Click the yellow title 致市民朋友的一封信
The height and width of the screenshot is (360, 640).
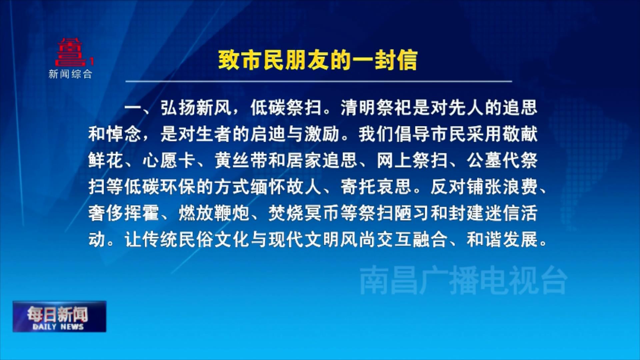(x=318, y=60)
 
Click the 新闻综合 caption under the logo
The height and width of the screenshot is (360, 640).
(x=70, y=74)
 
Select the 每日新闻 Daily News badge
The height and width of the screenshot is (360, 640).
(x=59, y=316)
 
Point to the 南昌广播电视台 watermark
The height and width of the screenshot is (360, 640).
(x=463, y=280)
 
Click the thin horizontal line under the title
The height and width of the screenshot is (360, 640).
(x=318, y=81)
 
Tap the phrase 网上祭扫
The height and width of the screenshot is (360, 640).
(x=412, y=160)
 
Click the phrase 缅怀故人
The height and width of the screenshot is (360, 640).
(x=286, y=187)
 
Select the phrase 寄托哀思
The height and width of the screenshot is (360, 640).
(x=376, y=187)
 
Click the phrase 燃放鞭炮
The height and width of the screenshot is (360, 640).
(x=214, y=213)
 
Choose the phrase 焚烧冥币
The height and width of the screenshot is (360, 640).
(x=304, y=213)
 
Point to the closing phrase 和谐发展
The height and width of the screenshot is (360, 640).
(x=502, y=239)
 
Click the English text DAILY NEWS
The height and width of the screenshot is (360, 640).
(x=58, y=327)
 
